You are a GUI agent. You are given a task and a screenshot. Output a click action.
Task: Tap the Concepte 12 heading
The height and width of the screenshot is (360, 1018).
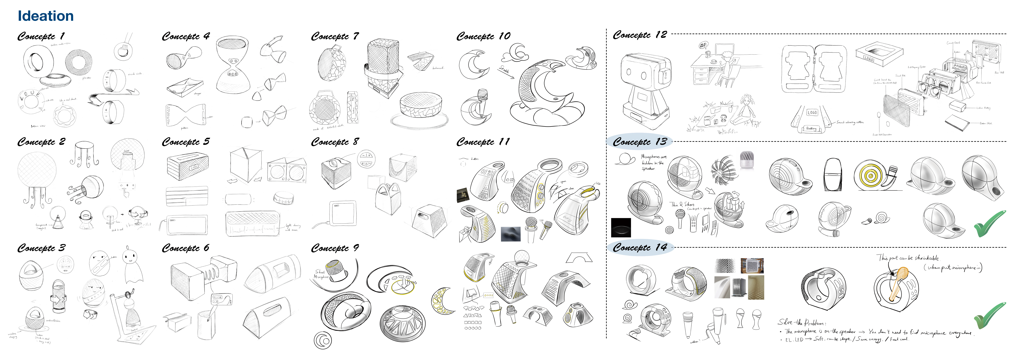pyautogui.click(x=639, y=35)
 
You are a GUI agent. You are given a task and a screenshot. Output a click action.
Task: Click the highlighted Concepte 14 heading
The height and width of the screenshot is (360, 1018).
pyautogui.click(x=639, y=248)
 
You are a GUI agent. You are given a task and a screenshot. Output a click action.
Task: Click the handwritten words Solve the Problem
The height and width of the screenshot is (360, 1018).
pyautogui.click(x=802, y=322)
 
